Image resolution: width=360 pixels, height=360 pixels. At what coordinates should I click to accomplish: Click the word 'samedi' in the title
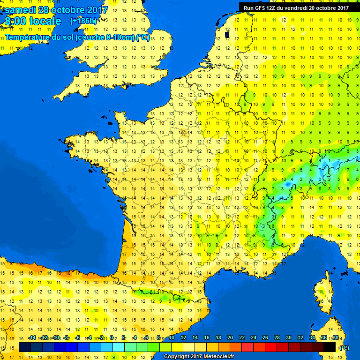coord(20,10)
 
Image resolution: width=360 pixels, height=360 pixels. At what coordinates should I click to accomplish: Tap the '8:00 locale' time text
coord(32,21)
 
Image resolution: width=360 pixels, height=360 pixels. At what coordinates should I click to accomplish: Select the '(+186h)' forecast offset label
coord(83,21)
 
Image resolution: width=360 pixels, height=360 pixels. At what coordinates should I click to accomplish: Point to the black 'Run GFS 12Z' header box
coord(296,7)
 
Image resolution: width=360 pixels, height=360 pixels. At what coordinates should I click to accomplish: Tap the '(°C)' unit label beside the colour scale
coord(344,348)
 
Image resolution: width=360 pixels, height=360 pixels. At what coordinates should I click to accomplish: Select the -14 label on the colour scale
coord(32,337)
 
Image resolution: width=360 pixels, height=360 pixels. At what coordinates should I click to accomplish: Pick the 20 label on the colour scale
coord(230,337)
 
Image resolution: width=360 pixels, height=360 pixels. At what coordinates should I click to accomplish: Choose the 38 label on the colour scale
coord(335,337)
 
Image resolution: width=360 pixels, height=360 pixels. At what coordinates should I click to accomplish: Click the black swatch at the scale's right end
coord(330,347)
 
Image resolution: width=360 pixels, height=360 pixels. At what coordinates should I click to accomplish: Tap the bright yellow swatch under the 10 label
coord(177,347)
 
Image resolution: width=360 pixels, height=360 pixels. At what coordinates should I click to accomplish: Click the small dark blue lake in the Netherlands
coord(227,34)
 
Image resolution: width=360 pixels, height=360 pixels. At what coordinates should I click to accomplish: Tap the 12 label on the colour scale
coord(183,337)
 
